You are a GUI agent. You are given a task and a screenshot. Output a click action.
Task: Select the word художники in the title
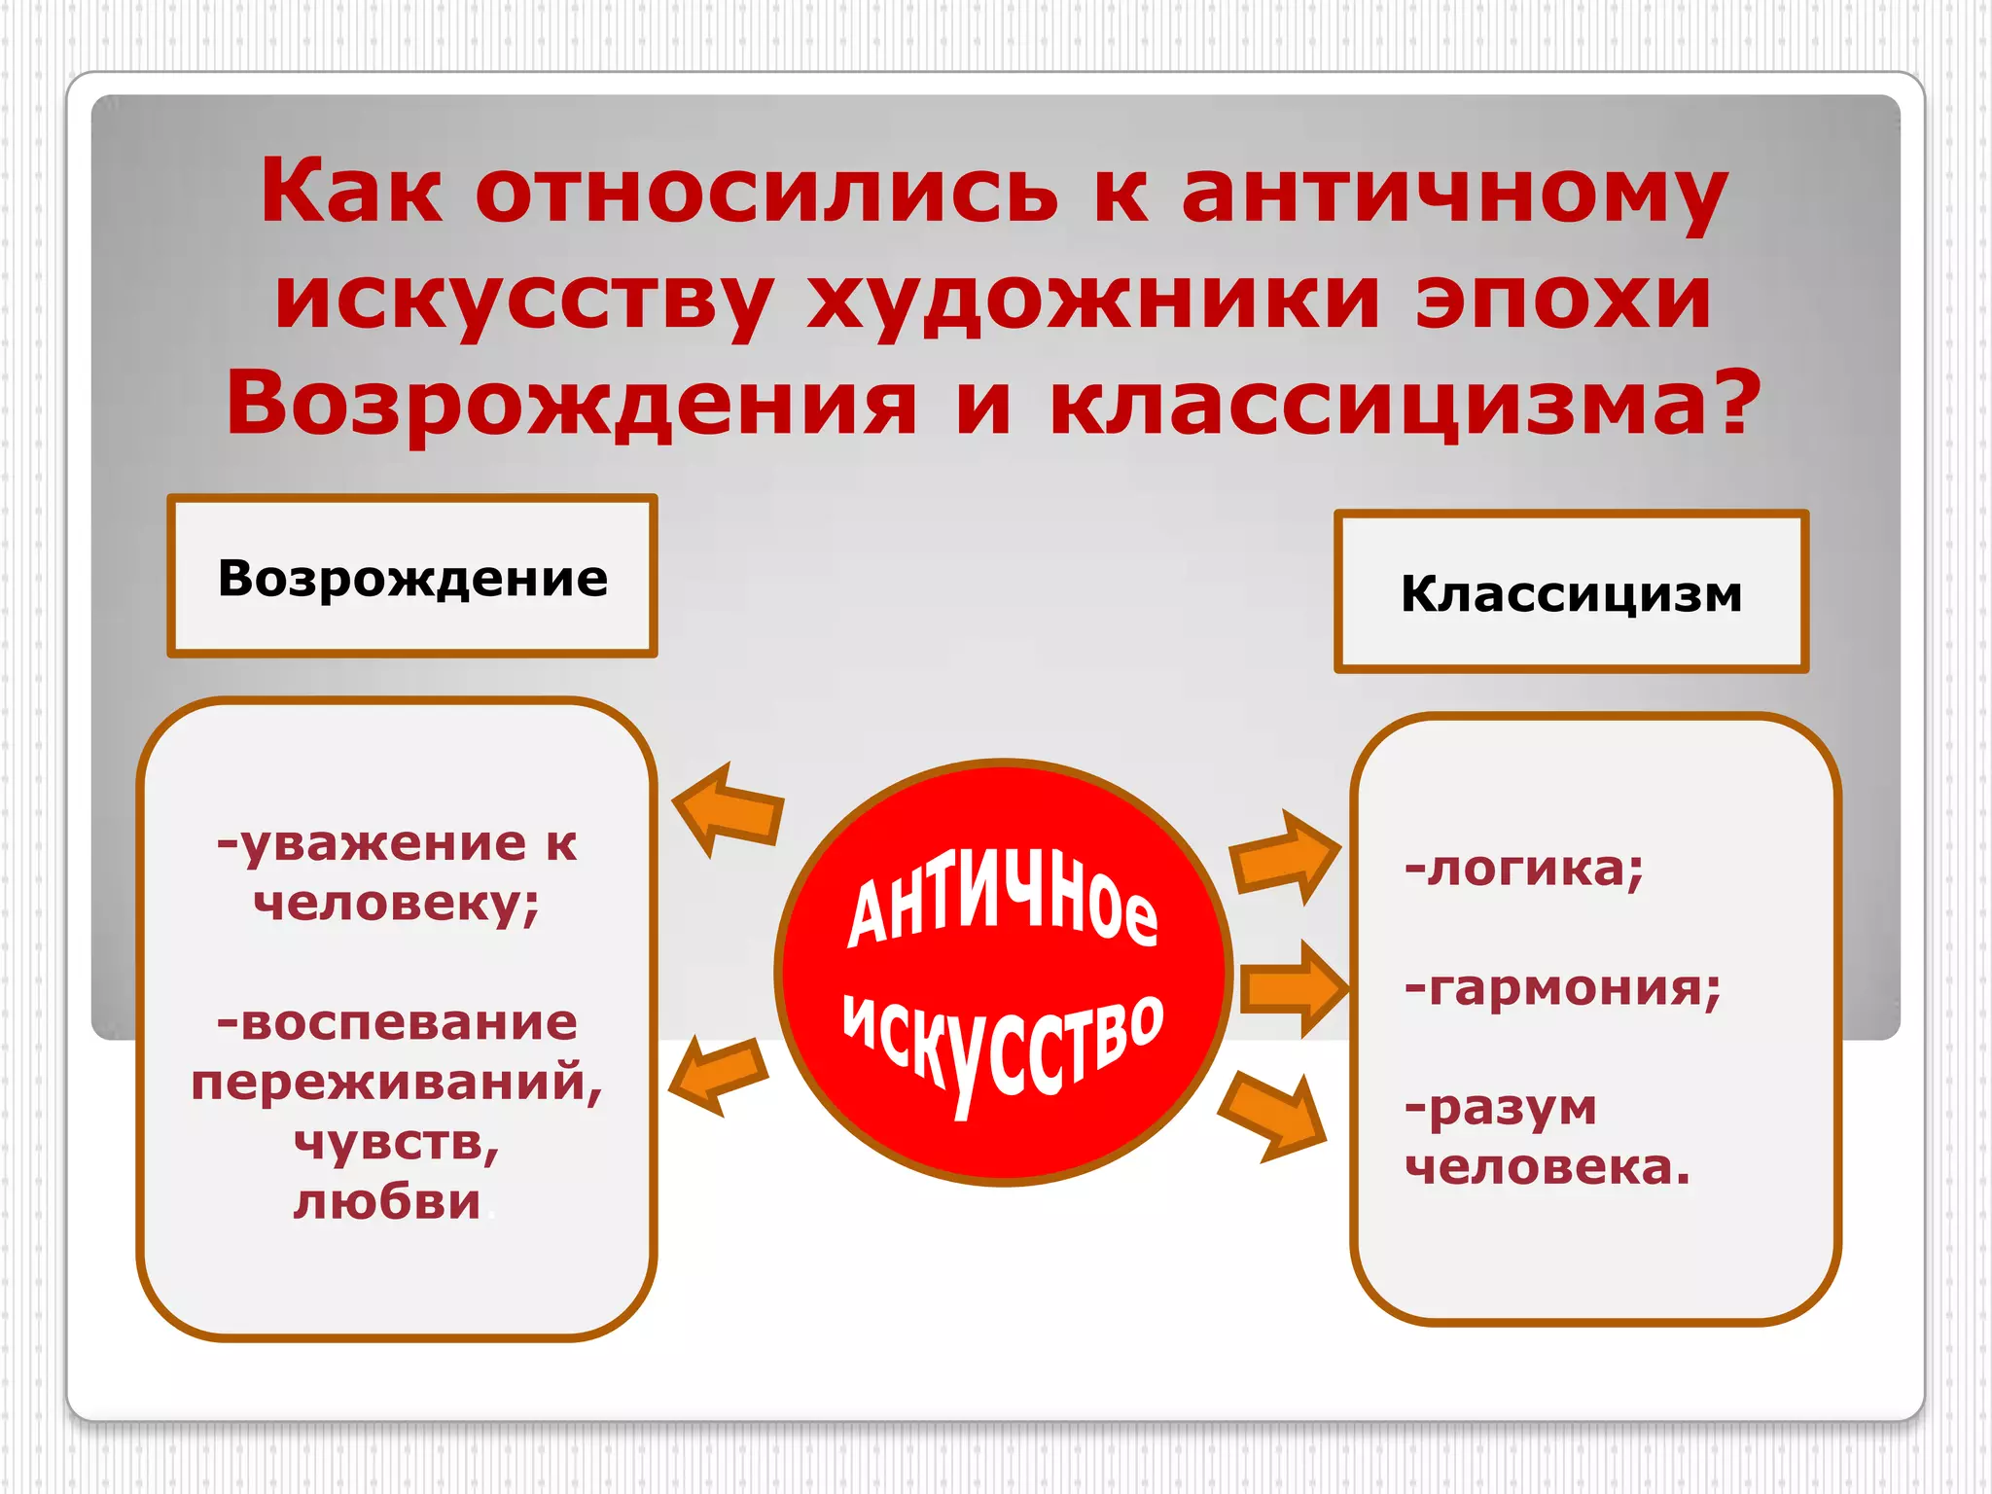1093,300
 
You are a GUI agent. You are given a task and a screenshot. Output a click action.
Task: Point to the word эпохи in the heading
1563,298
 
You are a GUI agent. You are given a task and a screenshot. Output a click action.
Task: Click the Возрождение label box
412,577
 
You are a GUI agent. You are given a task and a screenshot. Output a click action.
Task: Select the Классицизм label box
1571,592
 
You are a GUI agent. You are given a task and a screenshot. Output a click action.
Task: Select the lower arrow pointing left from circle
720,1075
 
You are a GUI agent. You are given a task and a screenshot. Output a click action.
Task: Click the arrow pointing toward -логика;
1284,856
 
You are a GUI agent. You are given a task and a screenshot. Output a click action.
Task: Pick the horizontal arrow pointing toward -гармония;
1294,988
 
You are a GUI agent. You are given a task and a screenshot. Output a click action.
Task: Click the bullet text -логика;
1523,868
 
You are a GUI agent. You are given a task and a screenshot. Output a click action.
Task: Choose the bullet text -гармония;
1562,988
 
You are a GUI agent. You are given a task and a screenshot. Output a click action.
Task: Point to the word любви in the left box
387,1202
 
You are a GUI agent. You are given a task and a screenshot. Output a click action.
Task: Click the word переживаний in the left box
396,1083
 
